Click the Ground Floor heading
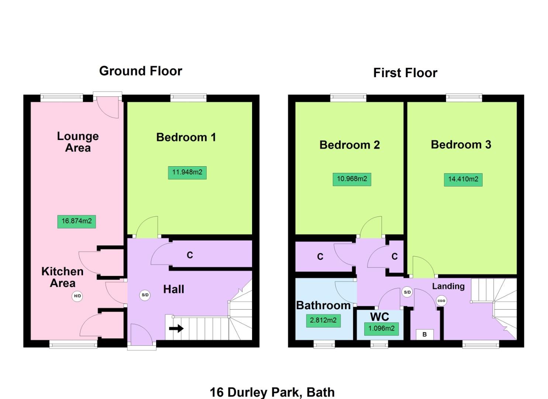pos(141,71)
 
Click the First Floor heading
pos(405,73)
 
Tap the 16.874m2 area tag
pos(76,221)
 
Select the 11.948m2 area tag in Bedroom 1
pos(187,172)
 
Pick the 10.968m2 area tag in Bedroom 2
pos(352,179)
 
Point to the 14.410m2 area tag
pos(463,180)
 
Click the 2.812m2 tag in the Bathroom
pos(323,320)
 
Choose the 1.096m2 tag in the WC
pos(381,328)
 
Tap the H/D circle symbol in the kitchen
pos(77,296)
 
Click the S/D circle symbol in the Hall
pos(145,295)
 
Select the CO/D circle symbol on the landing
pos(441,301)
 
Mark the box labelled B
pos(424,334)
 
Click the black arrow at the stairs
pos(176,328)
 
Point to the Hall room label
pos(173,289)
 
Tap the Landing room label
pos(448,286)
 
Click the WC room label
pos(379,317)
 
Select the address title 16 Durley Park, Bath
pos(272,392)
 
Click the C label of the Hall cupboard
pos(190,255)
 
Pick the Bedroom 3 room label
pos(461,144)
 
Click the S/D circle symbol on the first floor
pos(407,292)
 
